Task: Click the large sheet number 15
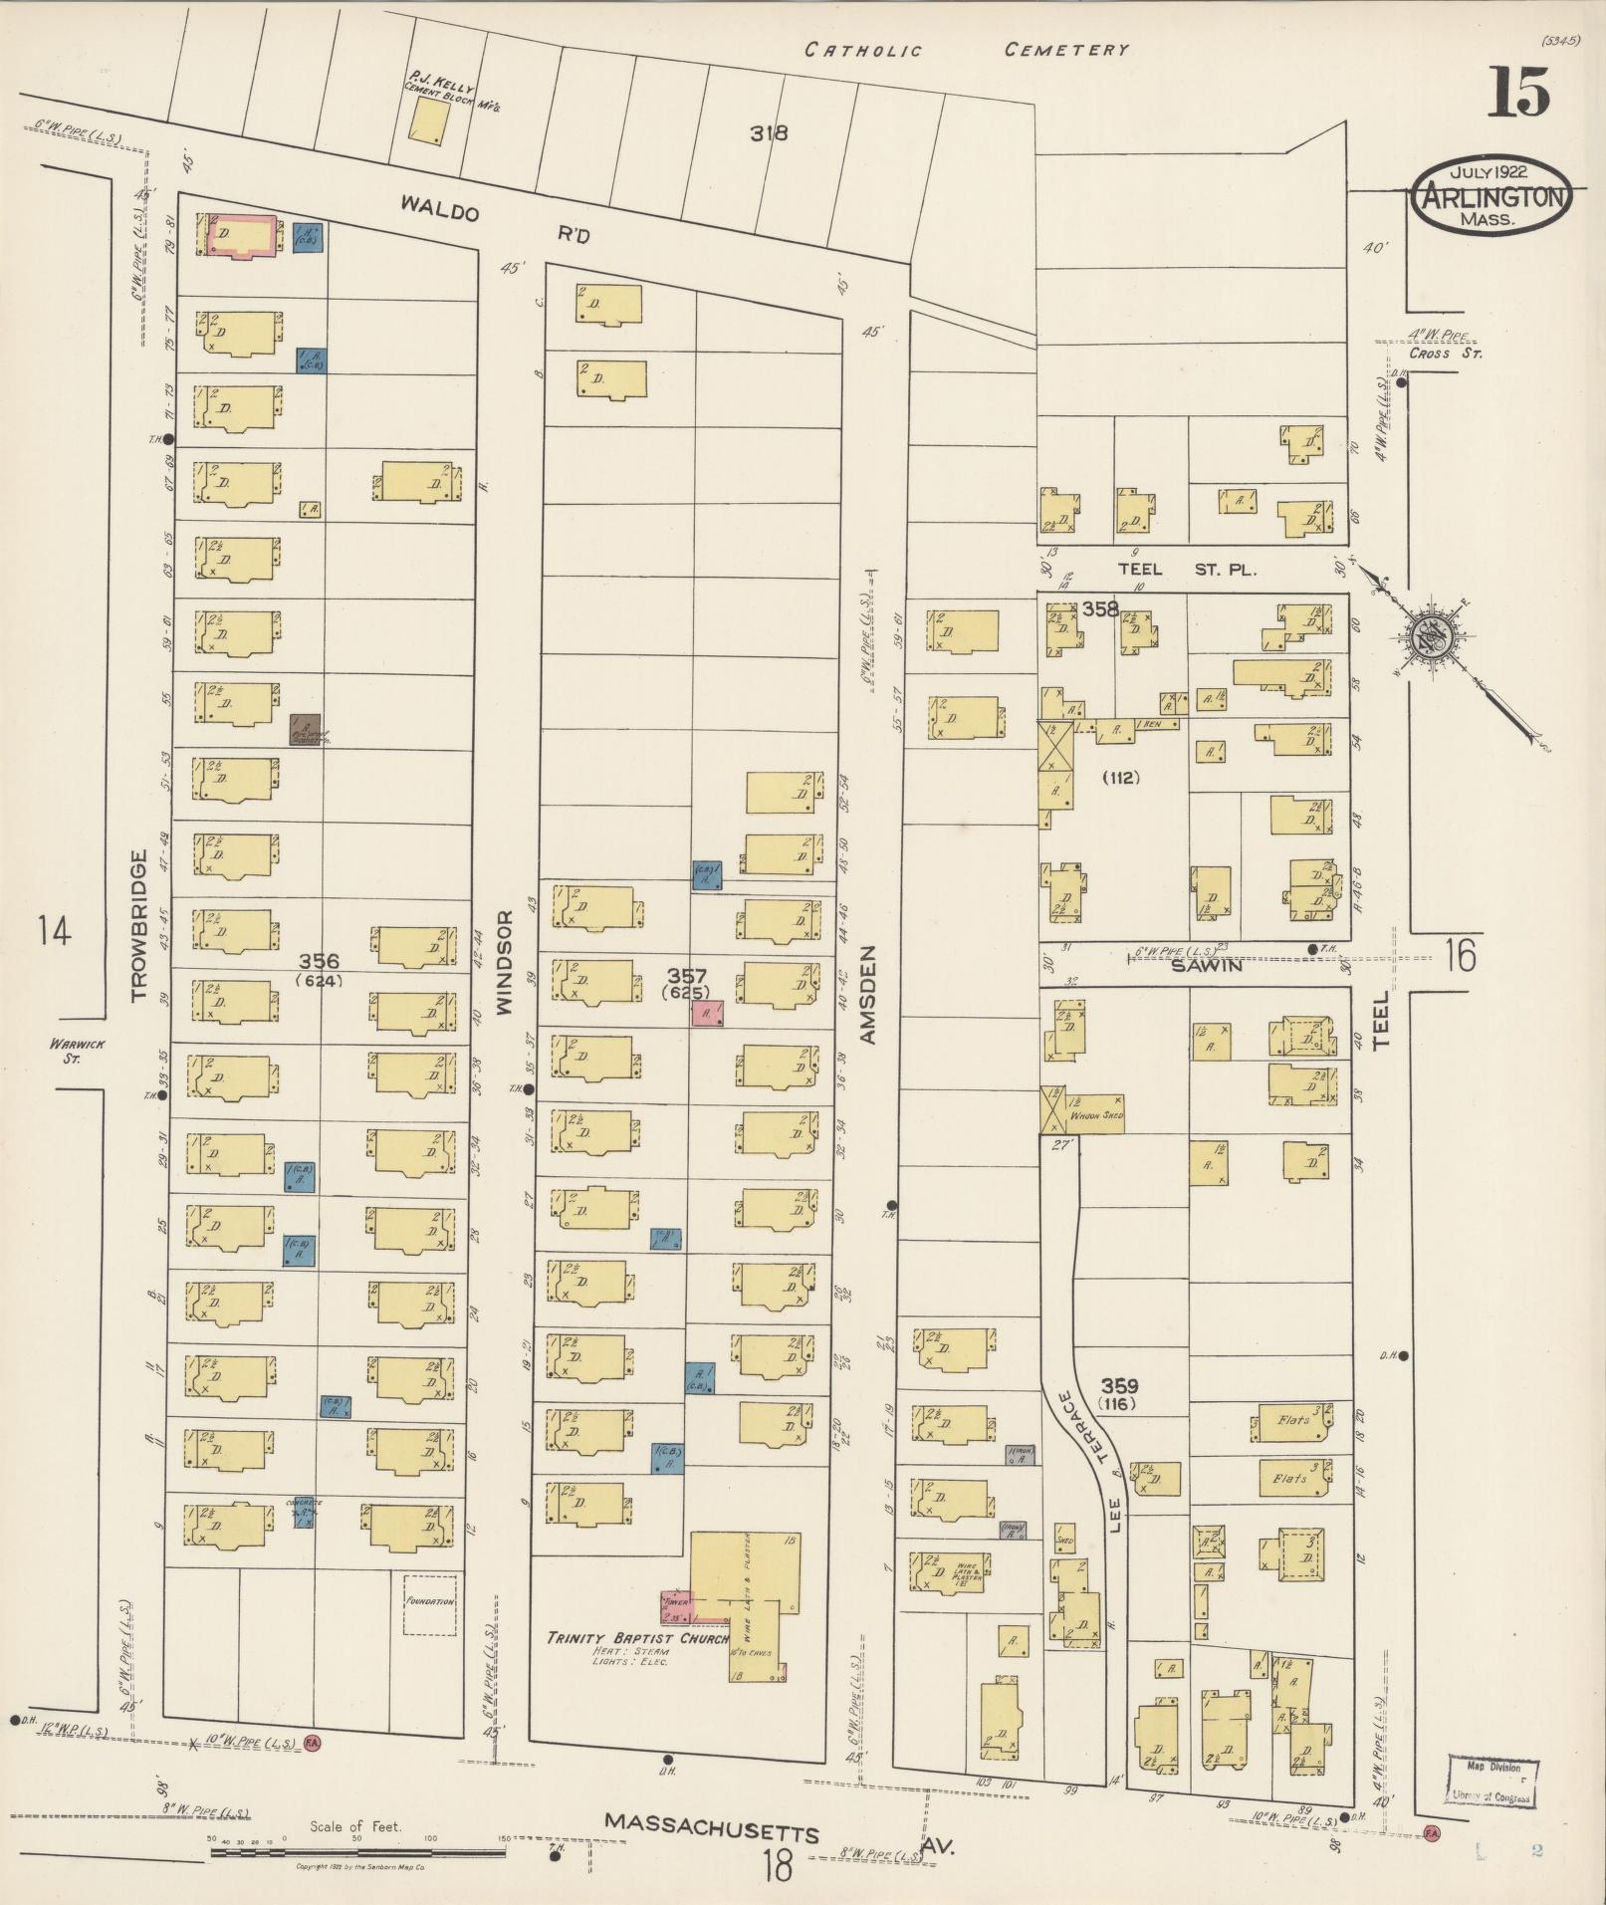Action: pyautogui.click(x=1519, y=94)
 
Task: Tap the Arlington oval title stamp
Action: pyautogui.click(x=1491, y=196)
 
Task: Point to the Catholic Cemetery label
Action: pyautogui.click(x=966, y=50)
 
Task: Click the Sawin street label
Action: pyautogui.click(x=1209, y=965)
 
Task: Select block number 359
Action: pyautogui.click(x=1120, y=1385)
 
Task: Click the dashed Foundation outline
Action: pyautogui.click(x=430, y=1604)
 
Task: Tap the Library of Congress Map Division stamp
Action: pyautogui.click(x=1491, y=1782)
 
